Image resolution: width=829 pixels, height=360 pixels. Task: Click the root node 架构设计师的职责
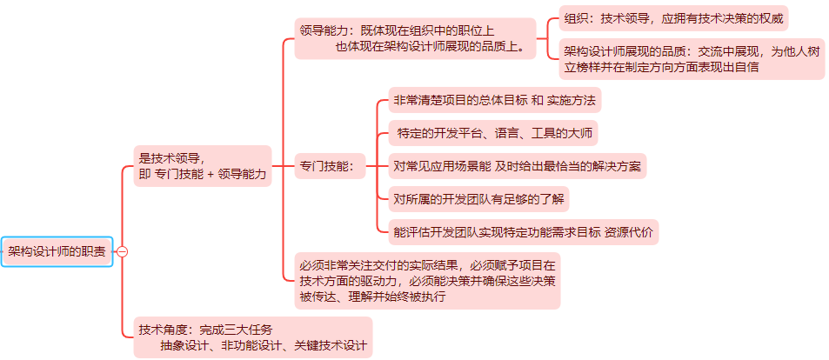[57, 251]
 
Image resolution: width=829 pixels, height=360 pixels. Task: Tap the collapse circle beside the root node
[122, 251]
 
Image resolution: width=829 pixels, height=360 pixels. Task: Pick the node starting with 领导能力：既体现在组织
[415, 38]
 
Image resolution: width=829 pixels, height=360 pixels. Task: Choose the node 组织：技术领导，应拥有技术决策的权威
[675, 17]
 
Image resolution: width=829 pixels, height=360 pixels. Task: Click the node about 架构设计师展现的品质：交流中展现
[692, 58]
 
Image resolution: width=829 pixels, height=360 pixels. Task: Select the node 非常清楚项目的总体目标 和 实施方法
[494, 100]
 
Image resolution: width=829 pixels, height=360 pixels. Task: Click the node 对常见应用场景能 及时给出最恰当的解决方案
[518, 166]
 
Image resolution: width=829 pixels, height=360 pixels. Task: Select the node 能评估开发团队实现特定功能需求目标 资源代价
[523, 232]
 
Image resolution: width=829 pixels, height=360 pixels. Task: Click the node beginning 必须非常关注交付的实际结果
[427, 280]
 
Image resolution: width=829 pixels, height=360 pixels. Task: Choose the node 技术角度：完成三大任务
[252, 337]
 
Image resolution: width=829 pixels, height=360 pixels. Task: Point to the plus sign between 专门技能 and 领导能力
[211, 175]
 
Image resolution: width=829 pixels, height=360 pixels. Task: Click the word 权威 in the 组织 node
[770, 17]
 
